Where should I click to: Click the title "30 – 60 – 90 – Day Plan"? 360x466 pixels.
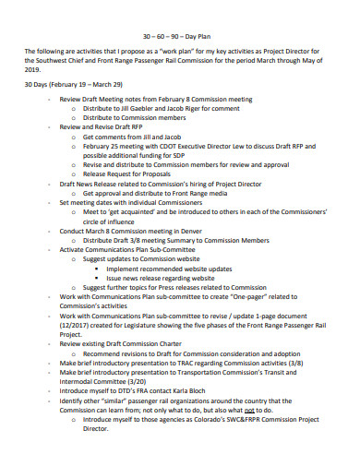[x=179, y=36]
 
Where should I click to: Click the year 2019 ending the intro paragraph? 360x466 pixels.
[x=33, y=67]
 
